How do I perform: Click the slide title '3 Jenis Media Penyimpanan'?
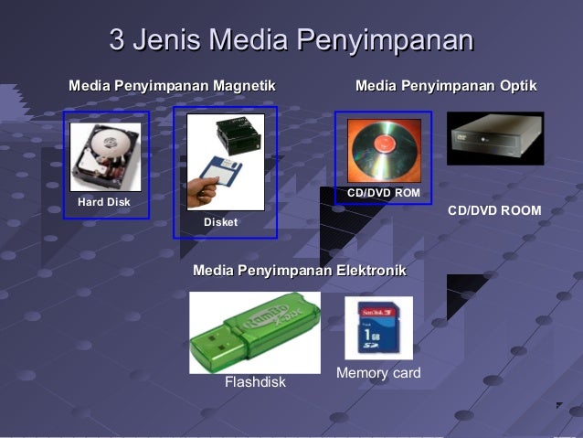(x=291, y=40)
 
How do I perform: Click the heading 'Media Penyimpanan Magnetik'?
(x=172, y=86)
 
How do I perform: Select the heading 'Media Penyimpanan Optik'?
(x=445, y=86)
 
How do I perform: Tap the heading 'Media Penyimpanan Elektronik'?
(x=299, y=271)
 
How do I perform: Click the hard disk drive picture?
(x=104, y=157)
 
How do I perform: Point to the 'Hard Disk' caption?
(x=104, y=202)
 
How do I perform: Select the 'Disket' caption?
(x=220, y=223)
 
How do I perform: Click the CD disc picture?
(x=383, y=150)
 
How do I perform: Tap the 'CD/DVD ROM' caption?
(x=384, y=193)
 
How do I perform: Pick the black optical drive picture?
(x=494, y=138)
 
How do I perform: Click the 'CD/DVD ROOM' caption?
(x=494, y=211)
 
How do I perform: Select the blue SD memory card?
(x=378, y=327)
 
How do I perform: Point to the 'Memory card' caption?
(x=378, y=373)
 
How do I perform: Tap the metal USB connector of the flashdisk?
(x=207, y=353)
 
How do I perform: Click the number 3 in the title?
(x=116, y=40)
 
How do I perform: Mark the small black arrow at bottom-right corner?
(x=559, y=405)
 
